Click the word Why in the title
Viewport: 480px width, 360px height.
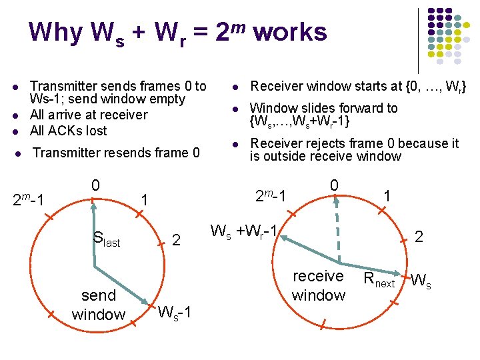(x=56, y=31)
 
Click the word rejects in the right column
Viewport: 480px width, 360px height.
(x=318, y=143)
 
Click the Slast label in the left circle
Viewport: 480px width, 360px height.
(x=107, y=239)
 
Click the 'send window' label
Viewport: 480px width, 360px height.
(x=99, y=304)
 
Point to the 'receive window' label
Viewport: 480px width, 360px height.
(x=319, y=285)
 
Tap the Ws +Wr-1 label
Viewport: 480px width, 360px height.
(x=244, y=232)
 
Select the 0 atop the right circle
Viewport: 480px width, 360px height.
(x=335, y=184)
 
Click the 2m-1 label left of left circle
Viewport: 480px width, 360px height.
(x=29, y=199)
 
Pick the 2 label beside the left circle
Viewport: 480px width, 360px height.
(x=176, y=239)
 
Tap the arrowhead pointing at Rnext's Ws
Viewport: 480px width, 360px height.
(x=398, y=274)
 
